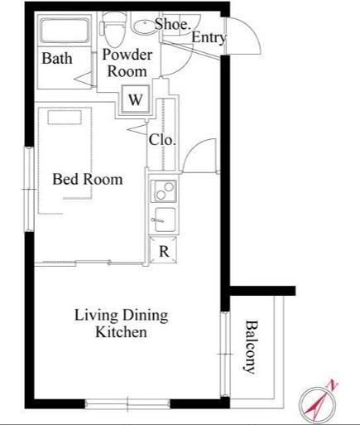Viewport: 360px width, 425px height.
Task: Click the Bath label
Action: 57,58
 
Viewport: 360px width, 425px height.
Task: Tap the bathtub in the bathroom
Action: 65,30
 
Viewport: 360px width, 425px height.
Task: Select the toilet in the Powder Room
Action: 113,30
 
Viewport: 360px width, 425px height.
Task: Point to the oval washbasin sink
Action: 144,27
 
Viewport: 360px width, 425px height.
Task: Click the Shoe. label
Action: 173,24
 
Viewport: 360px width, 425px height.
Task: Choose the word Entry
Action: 209,37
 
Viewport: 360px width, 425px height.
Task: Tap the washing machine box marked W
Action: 136,99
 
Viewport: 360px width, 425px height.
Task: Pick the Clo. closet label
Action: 162,140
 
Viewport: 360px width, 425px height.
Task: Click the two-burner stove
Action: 164,191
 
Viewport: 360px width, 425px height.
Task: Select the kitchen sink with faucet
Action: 165,220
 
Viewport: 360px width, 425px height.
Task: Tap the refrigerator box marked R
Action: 163,250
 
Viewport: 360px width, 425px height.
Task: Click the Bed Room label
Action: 88,179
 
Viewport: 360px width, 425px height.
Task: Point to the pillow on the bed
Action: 65,118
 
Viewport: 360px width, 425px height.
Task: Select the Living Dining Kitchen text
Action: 122,323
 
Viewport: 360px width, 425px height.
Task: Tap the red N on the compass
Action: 333,385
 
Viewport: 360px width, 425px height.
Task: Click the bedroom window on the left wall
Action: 29,189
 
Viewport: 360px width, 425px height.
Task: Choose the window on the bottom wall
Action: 127,403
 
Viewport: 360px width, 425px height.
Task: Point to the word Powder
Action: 127,55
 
